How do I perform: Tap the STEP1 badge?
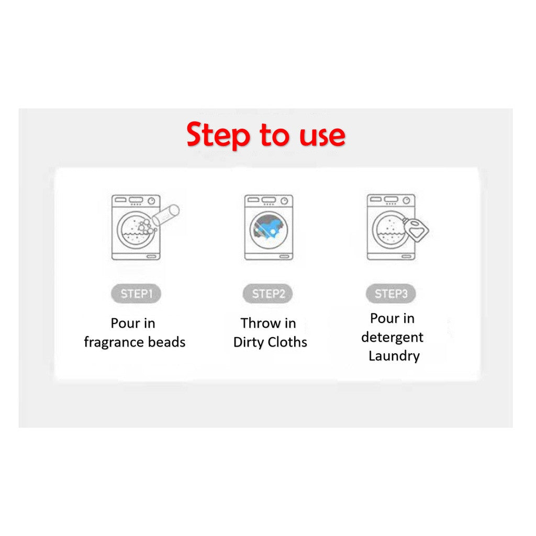tap(136, 294)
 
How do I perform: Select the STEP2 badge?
tap(268, 294)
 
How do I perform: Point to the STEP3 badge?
tap(390, 294)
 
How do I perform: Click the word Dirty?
tap(249, 342)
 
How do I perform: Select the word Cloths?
tap(287, 342)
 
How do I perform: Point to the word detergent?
tap(392, 338)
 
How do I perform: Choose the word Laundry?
tap(394, 356)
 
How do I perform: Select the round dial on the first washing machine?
tap(151, 201)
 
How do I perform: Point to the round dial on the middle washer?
tap(284, 201)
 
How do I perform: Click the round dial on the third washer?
tap(406, 200)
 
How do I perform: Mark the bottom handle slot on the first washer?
tap(151, 256)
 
